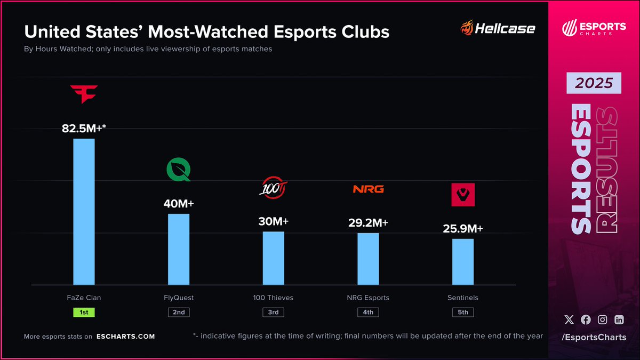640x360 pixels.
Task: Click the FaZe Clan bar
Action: (x=84, y=212)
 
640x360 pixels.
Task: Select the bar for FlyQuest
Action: (x=179, y=249)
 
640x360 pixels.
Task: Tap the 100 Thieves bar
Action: (x=273, y=258)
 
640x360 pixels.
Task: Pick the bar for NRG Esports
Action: (x=368, y=259)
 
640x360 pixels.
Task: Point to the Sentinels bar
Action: (x=463, y=261)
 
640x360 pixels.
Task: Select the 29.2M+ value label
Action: (x=368, y=223)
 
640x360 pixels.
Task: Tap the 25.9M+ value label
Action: (x=463, y=229)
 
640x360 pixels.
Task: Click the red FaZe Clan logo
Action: (x=84, y=94)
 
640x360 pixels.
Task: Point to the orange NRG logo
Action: (x=368, y=189)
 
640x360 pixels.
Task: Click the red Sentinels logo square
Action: (x=463, y=195)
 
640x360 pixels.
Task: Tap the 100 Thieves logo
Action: (x=273, y=189)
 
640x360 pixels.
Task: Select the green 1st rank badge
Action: (x=84, y=312)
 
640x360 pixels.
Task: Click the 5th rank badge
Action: (x=463, y=312)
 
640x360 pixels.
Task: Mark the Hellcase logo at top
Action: (x=497, y=28)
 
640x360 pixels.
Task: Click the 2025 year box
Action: (x=594, y=84)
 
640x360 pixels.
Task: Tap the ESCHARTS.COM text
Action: (x=126, y=337)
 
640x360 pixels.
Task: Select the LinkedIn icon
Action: (x=619, y=319)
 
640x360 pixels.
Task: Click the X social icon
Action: (x=569, y=319)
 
